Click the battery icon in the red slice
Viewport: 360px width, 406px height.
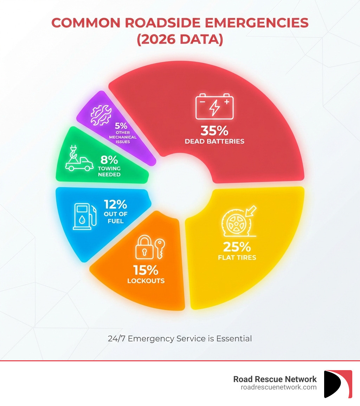pos(214,106)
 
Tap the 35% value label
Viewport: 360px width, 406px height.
pos(214,131)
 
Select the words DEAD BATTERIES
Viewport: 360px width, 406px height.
pos(214,141)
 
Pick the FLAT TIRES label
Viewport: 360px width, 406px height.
pos(237,258)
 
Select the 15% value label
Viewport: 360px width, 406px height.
pos(146,270)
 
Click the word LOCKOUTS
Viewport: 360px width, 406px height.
pos(146,281)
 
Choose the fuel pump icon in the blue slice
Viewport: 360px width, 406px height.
pos(84,216)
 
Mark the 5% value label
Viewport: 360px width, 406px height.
pos(121,125)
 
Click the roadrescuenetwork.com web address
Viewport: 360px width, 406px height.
pos(278,387)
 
